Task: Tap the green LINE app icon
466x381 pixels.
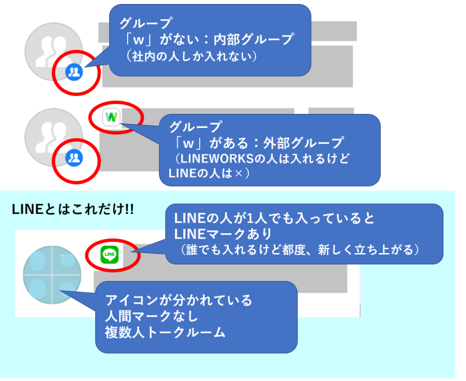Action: (x=110, y=254)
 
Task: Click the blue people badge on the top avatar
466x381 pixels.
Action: (x=75, y=72)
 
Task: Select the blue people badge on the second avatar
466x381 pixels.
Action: (x=75, y=157)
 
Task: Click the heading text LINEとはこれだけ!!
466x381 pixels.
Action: (x=74, y=209)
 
